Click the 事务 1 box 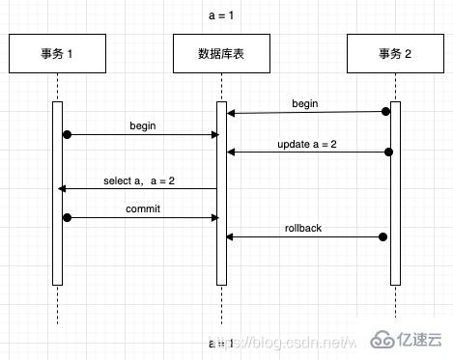[x=57, y=54]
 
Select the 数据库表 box [x=221, y=54]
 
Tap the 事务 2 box [x=393, y=54]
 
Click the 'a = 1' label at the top [x=221, y=16]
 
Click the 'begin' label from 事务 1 [x=143, y=125]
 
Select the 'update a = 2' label [x=305, y=144]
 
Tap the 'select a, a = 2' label [x=139, y=180]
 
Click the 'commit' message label [x=143, y=208]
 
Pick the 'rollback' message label [x=303, y=228]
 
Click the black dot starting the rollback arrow [x=383, y=236]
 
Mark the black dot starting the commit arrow [x=67, y=218]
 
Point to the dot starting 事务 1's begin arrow [x=67, y=134]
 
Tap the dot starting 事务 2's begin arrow [x=386, y=112]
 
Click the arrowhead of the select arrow [x=62, y=188]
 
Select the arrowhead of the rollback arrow [x=230, y=236]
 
